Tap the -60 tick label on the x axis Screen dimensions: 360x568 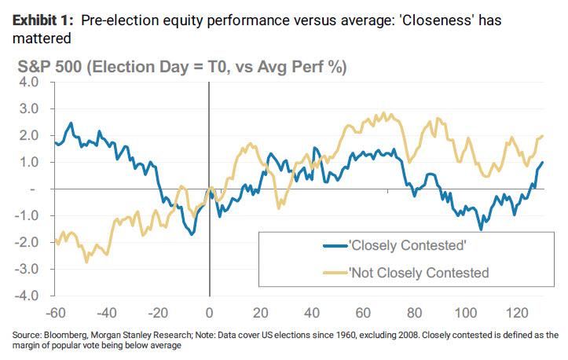click(56, 311)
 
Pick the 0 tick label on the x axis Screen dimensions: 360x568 click(210, 311)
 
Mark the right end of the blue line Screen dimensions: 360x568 click(543, 163)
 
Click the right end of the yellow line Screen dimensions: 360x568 click(543, 136)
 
